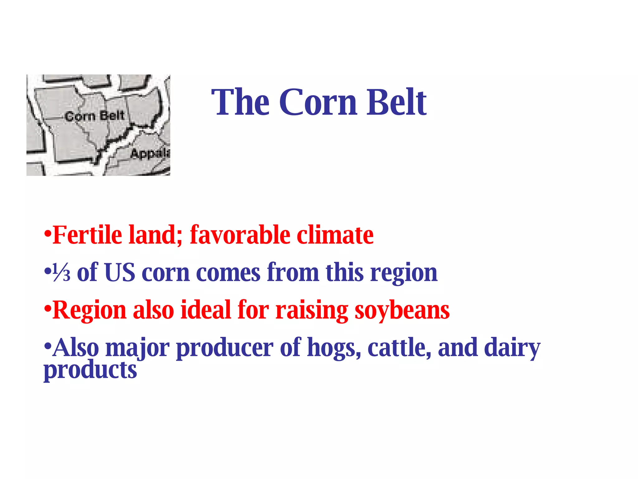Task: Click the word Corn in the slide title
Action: (x=318, y=102)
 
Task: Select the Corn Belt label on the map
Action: (x=95, y=116)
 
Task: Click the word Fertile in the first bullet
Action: (x=87, y=235)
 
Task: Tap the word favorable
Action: (x=240, y=235)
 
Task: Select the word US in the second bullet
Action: (x=120, y=273)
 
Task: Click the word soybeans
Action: (x=402, y=311)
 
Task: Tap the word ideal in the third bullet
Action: (x=206, y=310)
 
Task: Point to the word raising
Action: (x=312, y=311)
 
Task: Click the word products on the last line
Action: (x=90, y=370)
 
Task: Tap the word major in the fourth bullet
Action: (x=137, y=348)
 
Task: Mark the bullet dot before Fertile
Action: (x=47, y=233)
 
